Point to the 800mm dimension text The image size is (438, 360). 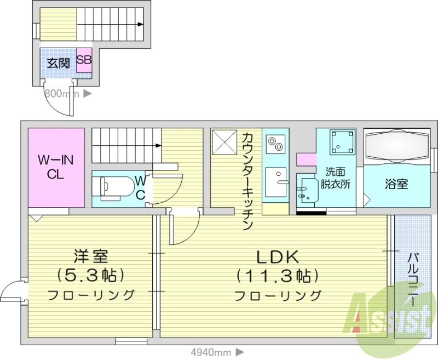point(62,94)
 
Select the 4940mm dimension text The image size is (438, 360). point(211,352)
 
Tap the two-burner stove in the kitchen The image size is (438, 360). point(275,144)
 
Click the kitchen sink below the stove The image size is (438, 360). point(275,181)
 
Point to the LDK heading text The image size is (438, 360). point(277,256)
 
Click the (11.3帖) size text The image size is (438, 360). point(277,275)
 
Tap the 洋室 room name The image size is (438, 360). point(91,256)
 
